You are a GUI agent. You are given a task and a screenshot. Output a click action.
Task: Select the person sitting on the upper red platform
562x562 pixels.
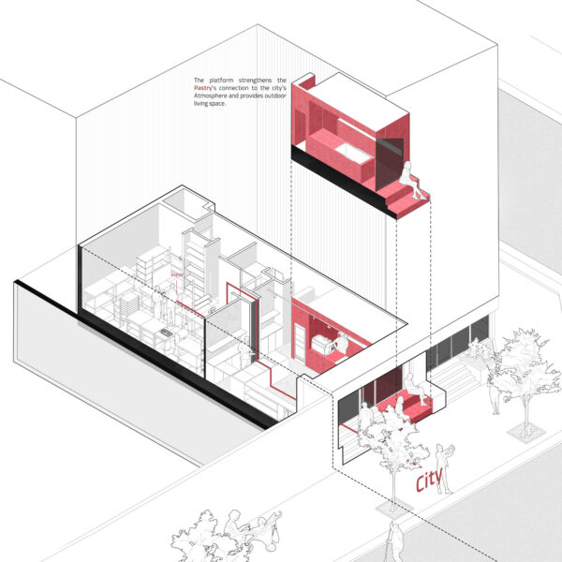pos(408,178)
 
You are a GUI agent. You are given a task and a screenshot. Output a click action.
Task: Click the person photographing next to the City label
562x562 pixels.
pos(444,466)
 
